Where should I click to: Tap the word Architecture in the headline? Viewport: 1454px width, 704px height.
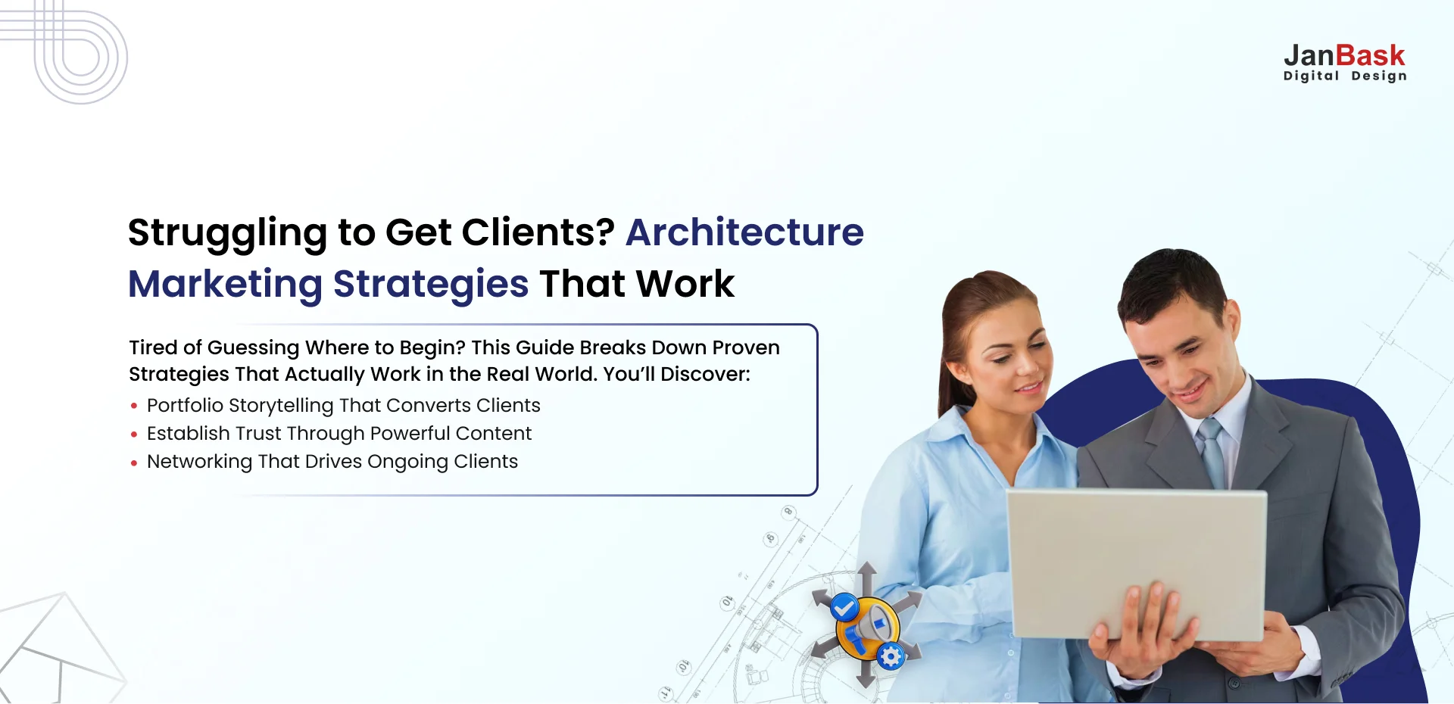click(x=744, y=232)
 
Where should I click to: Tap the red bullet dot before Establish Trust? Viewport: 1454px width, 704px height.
click(x=134, y=435)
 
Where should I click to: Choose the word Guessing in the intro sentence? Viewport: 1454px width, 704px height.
click(x=254, y=348)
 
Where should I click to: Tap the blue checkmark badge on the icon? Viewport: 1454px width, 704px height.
click(x=844, y=607)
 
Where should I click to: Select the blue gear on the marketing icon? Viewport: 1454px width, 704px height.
click(x=891, y=656)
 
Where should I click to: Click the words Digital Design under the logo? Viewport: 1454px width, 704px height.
click(x=1345, y=76)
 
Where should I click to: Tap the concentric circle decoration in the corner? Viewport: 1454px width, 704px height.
click(x=82, y=57)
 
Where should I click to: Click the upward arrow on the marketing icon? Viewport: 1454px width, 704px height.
click(x=867, y=579)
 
